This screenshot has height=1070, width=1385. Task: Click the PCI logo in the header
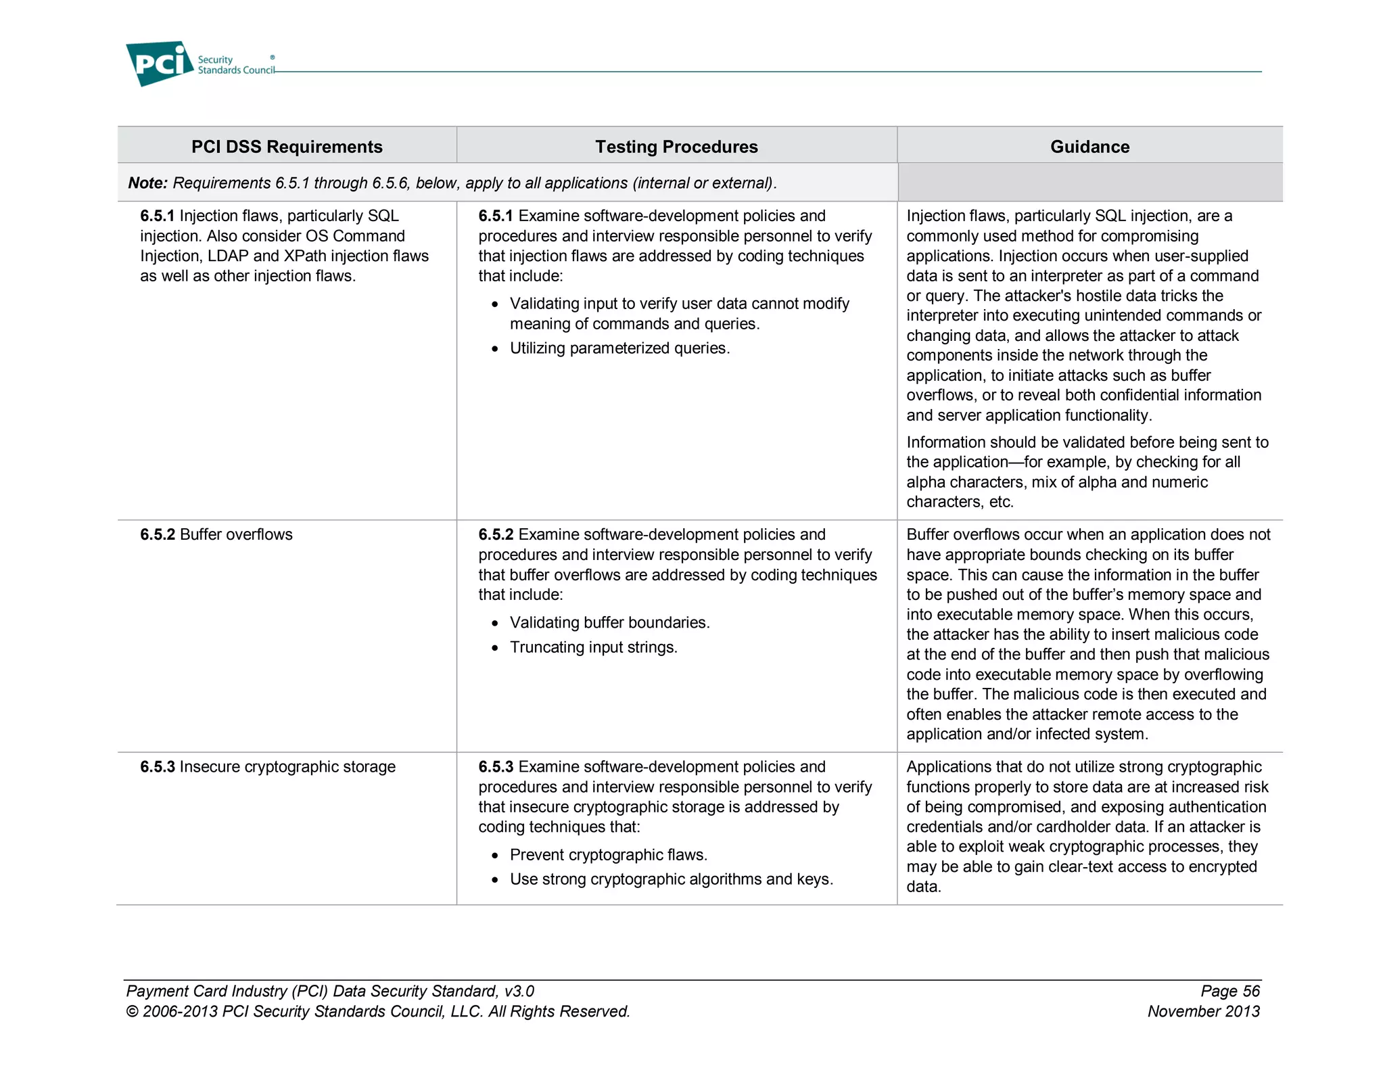(x=160, y=64)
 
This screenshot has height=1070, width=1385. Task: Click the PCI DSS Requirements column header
(x=287, y=147)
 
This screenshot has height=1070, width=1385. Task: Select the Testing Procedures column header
(x=676, y=147)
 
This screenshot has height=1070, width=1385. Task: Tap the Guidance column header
(x=1089, y=147)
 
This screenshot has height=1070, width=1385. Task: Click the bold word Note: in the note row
(x=148, y=183)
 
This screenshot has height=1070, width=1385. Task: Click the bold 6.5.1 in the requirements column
(x=157, y=216)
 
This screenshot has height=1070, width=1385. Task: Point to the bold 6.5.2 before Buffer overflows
(x=157, y=534)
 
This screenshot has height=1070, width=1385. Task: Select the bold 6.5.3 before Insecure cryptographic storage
(x=157, y=767)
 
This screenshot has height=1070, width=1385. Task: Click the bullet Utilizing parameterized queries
(x=619, y=348)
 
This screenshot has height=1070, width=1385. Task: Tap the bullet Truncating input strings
(x=593, y=647)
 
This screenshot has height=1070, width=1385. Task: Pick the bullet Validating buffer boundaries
(x=609, y=622)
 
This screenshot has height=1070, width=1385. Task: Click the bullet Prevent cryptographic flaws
(x=608, y=855)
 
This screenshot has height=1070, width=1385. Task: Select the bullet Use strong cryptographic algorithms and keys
(x=671, y=879)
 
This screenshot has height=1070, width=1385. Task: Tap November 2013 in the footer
(x=1203, y=1012)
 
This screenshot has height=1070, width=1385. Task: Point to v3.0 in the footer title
(x=519, y=992)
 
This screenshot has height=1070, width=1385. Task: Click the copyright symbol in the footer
(x=132, y=1012)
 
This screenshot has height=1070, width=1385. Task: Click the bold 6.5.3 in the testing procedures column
(x=495, y=767)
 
